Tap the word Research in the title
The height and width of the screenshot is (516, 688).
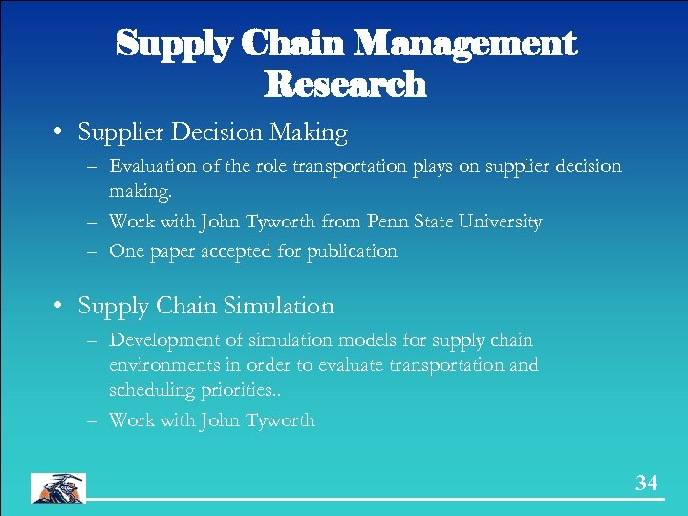344,84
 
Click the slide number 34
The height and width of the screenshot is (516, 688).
647,484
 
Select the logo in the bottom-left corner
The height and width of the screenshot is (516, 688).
57,487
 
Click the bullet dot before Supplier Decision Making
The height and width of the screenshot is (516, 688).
58,132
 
